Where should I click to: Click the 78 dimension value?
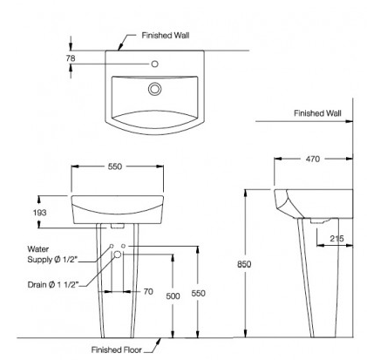[x=71, y=58]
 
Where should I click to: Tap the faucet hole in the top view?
[x=155, y=64]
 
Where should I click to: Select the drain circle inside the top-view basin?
[x=154, y=89]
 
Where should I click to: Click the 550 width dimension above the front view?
[x=115, y=166]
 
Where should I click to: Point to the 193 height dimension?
[x=39, y=213]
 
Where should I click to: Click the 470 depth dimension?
[x=313, y=159]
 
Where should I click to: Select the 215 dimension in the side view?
[x=336, y=239]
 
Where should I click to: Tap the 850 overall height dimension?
[x=244, y=264]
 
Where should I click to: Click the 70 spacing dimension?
[x=148, y=291]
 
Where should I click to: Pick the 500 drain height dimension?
[x=173, y=296]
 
